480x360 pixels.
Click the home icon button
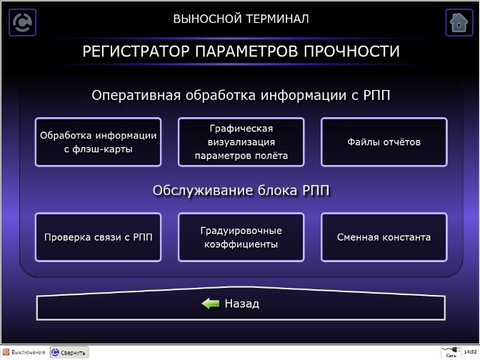coord(459,22)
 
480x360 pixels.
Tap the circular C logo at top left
coord(22,22)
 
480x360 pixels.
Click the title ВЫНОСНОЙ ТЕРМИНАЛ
coord(241,19)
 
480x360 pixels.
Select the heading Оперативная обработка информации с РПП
coord(241,96)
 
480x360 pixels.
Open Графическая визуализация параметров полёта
coord(241,142)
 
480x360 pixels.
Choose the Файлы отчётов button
coord(384,142)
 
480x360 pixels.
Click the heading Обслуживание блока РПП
coord(241,191)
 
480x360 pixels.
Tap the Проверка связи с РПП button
coord(98,237)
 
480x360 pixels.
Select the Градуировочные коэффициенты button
coord(241,237)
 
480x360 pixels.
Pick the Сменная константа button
coord(384,237)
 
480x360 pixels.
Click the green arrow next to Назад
coord(210,304)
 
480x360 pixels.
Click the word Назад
coord(241,304)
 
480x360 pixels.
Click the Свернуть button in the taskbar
coord(69,353)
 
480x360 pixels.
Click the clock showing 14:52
coord(469,352)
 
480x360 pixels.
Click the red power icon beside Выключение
coord(6,353)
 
